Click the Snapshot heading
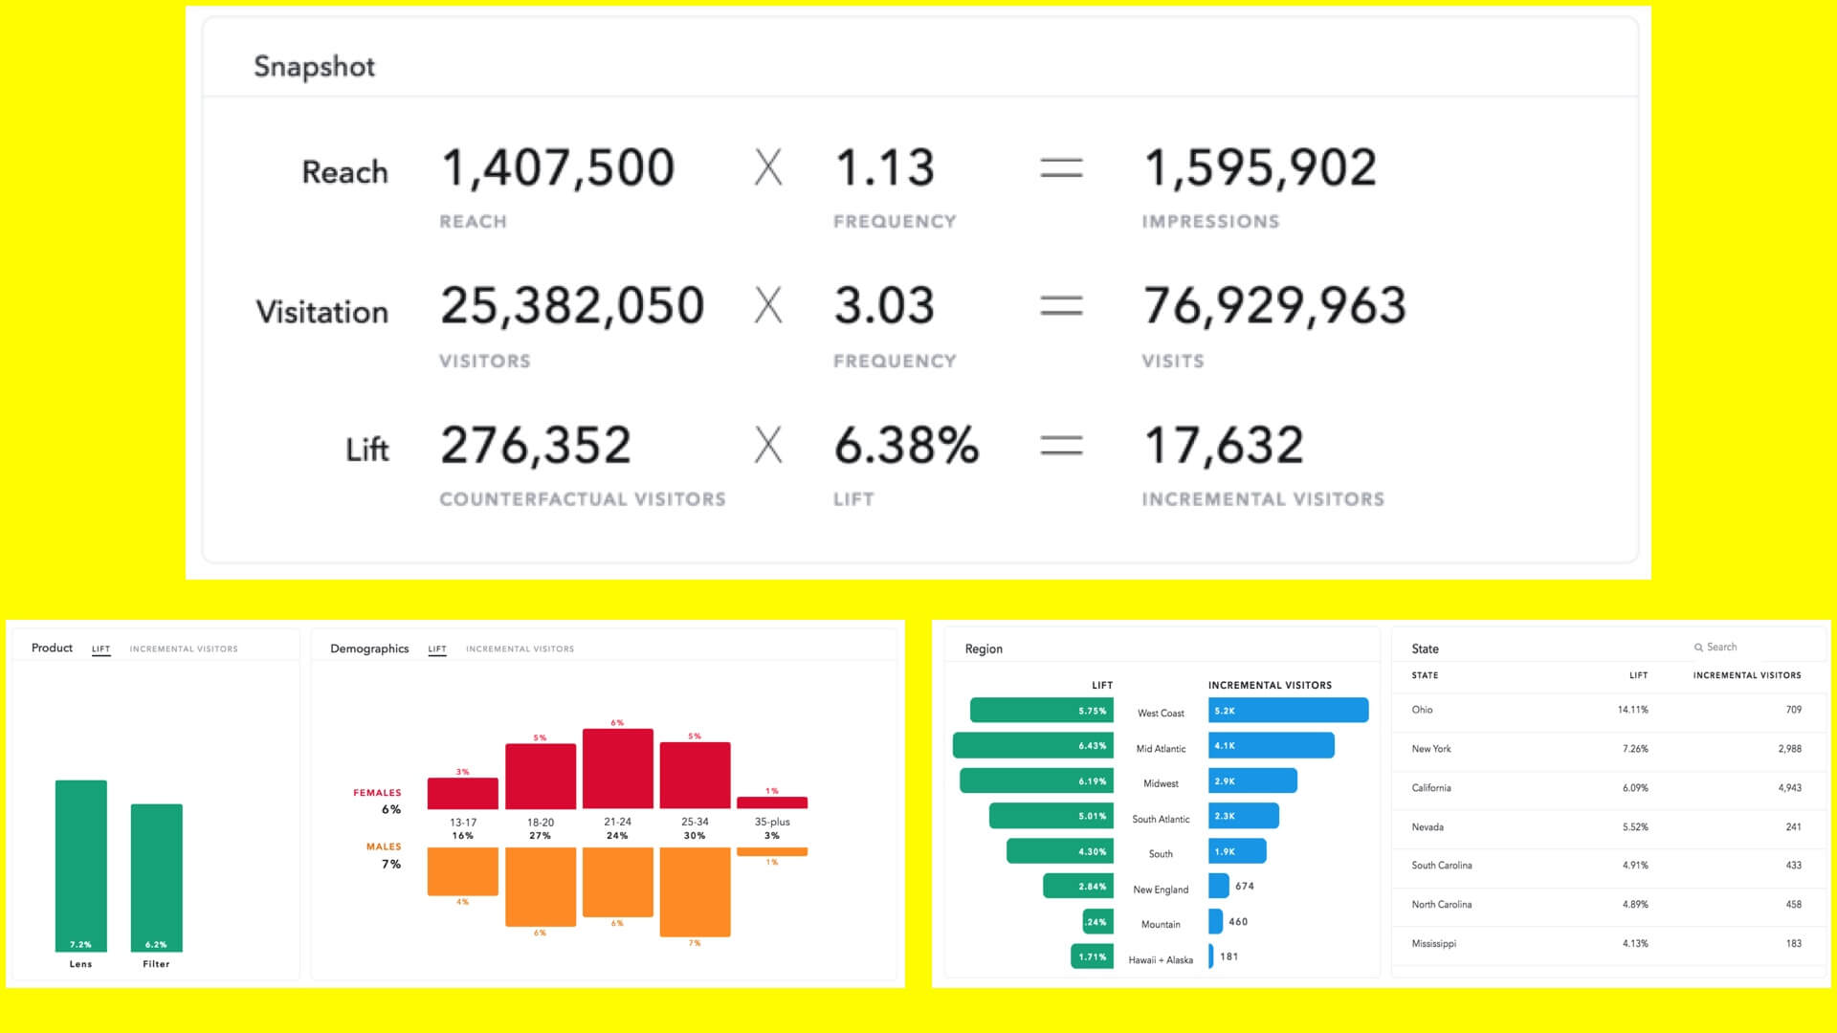pos(314,66)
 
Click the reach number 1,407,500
pos(558,167)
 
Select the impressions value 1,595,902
pos(1260,167)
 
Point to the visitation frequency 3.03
pos(883,306)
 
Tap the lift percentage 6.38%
pos(906,446)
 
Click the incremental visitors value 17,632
pos(1224,446)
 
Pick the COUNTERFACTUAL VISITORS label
pos(582,499)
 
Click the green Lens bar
pos(81,861)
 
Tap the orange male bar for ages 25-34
pos(695,890)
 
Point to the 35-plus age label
pos(772,822)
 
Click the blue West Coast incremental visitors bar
pos(1288,711)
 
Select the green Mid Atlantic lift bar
pos(1033,746)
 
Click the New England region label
pos(1161,890)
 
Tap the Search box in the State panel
pos(1721,648)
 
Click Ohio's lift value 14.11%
pos(1632,710)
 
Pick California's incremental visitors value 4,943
pos(1789,788)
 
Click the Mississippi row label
pos(1433,944)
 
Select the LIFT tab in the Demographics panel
pos(437,649)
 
